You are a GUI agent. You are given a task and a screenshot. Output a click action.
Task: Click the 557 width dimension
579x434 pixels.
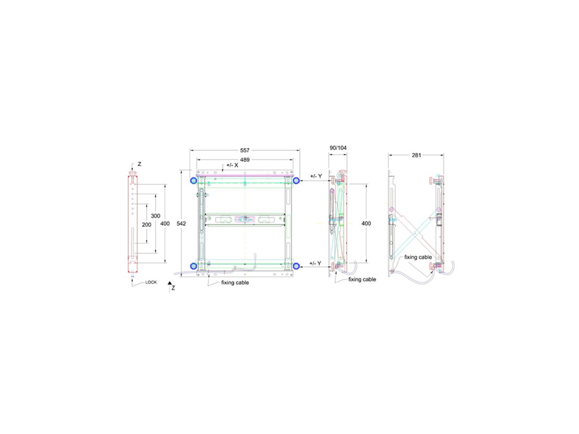coord(245,150)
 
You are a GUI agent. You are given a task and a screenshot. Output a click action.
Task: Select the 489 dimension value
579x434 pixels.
coord(245,160)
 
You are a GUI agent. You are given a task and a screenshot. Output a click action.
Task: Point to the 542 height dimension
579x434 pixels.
coord(181,223)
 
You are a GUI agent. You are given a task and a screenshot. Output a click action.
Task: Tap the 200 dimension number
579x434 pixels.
coord(146,225)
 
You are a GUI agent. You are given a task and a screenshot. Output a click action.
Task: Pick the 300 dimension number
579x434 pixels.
coord(155,216)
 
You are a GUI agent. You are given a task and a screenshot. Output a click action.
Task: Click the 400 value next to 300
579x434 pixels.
coord(165,224)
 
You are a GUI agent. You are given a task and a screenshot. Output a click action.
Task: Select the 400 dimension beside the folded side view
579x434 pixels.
coord(366,223)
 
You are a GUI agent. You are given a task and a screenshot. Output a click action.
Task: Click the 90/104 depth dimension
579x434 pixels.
coord(338,148)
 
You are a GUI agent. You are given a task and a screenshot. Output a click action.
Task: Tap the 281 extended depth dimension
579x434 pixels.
coord(416,155)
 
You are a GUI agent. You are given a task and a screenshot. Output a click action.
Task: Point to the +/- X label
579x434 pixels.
coord(232,165)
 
